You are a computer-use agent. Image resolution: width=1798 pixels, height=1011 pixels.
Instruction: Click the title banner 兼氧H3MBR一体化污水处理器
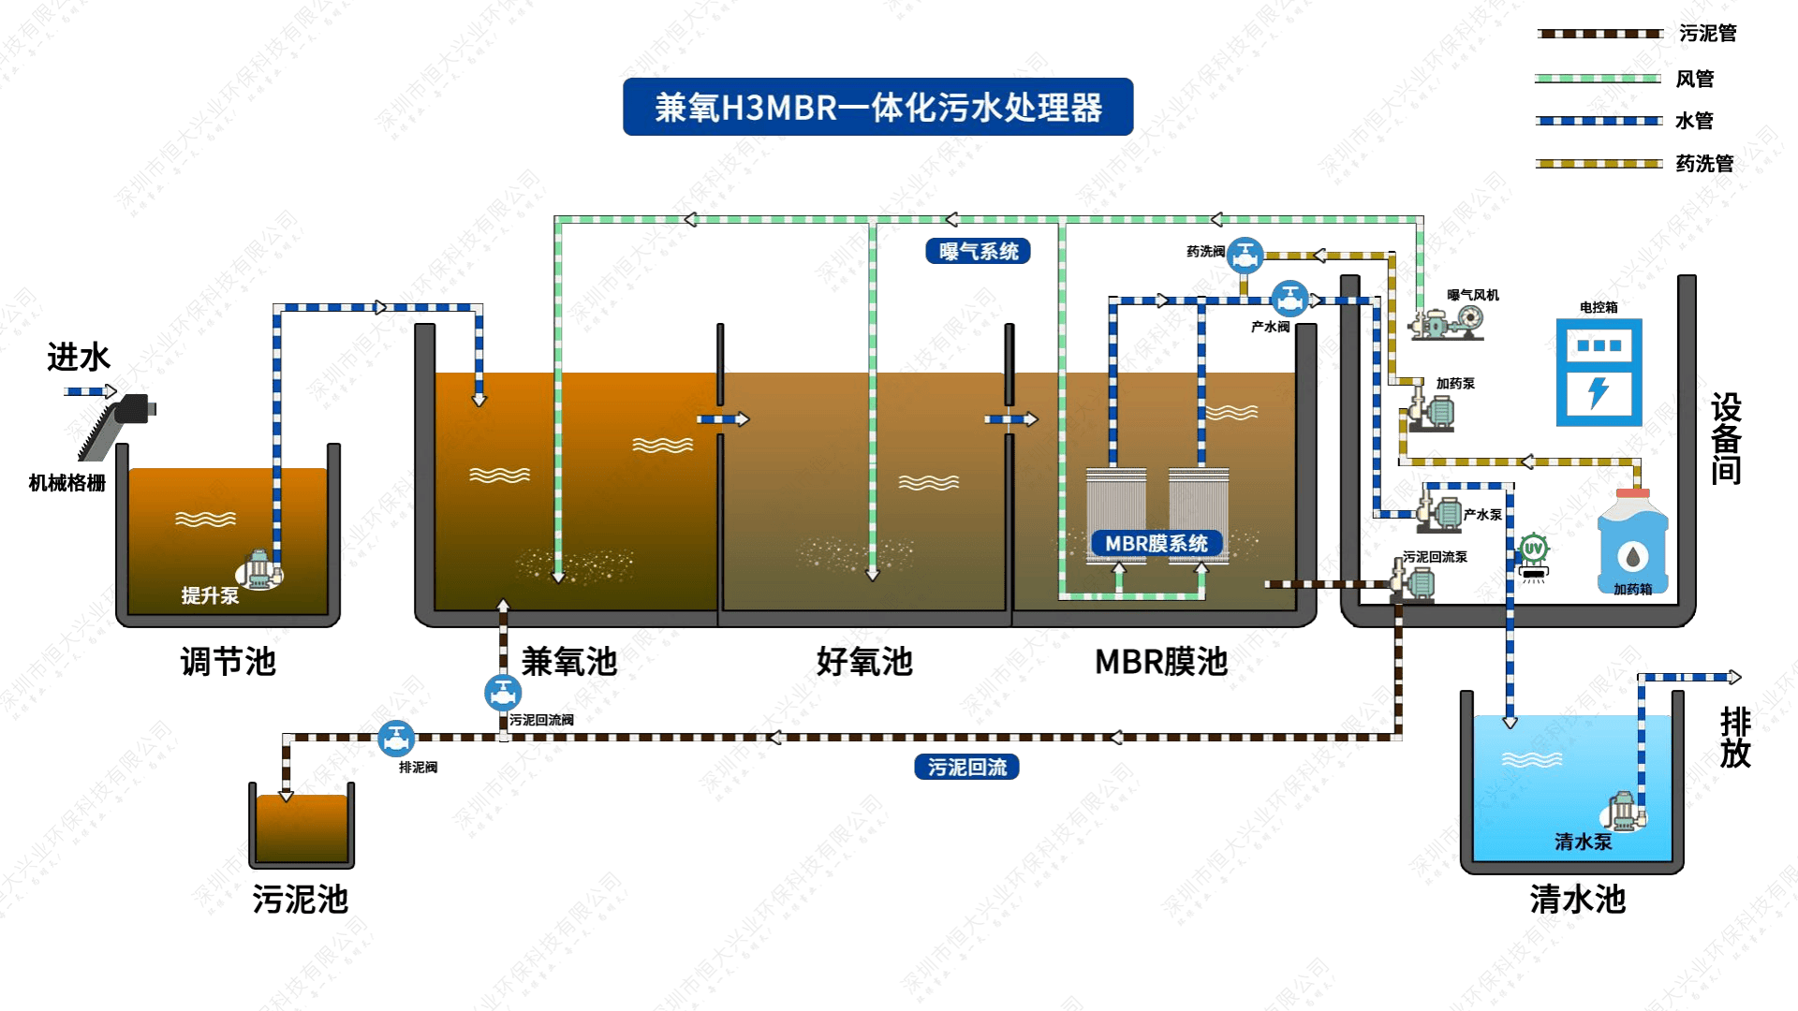[877, 107]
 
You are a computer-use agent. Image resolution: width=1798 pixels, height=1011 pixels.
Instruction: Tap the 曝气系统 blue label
[978, 251]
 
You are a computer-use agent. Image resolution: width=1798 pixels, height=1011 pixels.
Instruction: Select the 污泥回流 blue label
[966, 768]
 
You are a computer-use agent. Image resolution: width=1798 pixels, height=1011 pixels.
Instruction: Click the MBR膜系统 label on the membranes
[1156, 543]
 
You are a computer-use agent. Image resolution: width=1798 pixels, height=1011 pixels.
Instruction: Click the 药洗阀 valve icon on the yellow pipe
[1245, 255]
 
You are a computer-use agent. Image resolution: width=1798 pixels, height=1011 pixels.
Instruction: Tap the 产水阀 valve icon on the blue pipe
[1290, 300]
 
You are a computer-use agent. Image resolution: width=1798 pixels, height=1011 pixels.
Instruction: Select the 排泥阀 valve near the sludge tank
[396, 739]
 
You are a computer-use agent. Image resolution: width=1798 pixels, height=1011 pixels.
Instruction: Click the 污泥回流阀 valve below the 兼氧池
[503, 694]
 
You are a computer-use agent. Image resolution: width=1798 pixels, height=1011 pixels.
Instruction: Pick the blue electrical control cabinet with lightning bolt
[1599, 372]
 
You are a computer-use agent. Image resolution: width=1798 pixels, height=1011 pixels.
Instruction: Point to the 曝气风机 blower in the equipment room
[1448, 321]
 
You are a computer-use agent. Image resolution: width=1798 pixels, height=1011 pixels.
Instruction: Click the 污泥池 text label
[300, 899]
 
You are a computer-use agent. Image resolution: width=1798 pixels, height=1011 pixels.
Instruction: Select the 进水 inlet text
[79, 357]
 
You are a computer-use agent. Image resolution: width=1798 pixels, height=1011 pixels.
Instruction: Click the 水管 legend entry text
[1693, 121]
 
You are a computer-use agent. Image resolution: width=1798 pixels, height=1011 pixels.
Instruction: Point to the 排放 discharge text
[1735, 738]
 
